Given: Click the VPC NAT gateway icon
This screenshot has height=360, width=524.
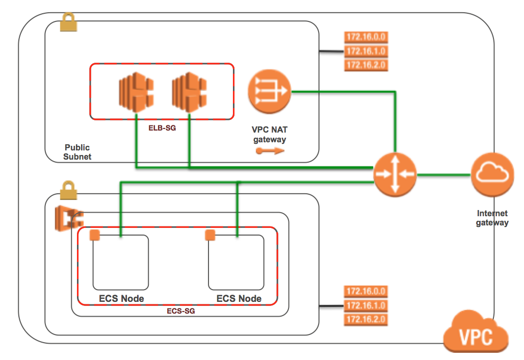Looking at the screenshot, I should point(269,92).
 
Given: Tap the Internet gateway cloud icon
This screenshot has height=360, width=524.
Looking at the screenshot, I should point(491,175).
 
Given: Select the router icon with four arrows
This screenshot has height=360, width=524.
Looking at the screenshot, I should point(395,174).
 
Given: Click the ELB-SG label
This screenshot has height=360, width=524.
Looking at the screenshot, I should point(162,128).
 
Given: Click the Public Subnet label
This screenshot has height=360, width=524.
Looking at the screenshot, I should point(77,152).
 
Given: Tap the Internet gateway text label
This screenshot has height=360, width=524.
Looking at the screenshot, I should point(492,218).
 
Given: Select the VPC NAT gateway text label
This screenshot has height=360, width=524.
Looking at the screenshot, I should point(269,135).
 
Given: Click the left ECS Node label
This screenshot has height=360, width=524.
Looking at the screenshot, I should point(121,298).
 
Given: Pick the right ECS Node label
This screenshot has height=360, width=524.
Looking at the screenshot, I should point(239,298).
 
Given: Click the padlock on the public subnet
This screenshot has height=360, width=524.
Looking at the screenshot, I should point(68,22).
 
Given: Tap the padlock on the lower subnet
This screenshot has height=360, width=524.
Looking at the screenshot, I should point(68,190).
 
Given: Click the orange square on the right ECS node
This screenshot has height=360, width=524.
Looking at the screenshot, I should point(209,235).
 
